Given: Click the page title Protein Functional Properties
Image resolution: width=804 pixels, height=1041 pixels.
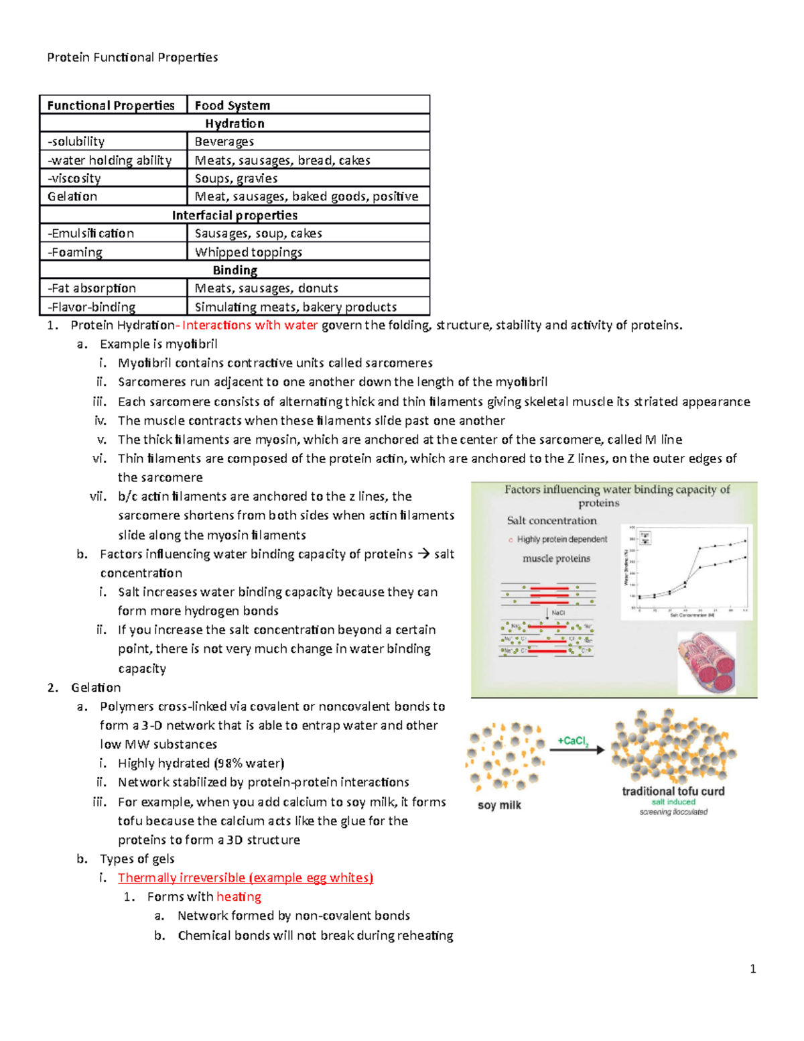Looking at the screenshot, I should [132, 58].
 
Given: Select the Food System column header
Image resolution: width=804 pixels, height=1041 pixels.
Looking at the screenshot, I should [232, 105].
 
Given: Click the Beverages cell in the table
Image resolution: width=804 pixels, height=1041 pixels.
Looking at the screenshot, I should [224, 141].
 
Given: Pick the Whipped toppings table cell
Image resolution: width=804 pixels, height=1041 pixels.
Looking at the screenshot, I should [248, 252].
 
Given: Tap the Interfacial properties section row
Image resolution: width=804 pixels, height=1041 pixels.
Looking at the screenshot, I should [234, 215].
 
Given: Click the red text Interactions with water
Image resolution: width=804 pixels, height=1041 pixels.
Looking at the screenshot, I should [250, 325].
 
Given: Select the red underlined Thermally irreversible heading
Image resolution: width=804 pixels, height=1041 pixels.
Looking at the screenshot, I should [245, 877].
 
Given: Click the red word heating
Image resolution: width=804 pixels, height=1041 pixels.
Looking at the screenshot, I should [239, 896].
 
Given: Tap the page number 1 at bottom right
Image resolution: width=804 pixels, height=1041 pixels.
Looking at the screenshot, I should [753, 969].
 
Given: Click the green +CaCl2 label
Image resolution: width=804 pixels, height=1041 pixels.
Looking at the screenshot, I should [573, 741].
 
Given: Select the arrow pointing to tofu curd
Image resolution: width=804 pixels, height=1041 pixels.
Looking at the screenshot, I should [577, 750].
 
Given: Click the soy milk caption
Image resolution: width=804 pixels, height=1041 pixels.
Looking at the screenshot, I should [499, 805].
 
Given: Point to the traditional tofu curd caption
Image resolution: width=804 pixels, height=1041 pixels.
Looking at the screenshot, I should [673, 791].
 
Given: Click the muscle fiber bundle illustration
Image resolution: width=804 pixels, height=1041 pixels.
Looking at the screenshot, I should [706, 663].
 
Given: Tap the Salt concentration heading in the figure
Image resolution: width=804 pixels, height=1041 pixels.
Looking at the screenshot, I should [551, 520].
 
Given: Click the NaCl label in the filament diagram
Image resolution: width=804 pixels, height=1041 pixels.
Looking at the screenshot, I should [558, 613].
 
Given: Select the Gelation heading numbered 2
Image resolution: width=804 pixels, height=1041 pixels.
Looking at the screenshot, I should [96, 688].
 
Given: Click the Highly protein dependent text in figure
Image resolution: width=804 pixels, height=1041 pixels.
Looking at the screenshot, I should [561, 540].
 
